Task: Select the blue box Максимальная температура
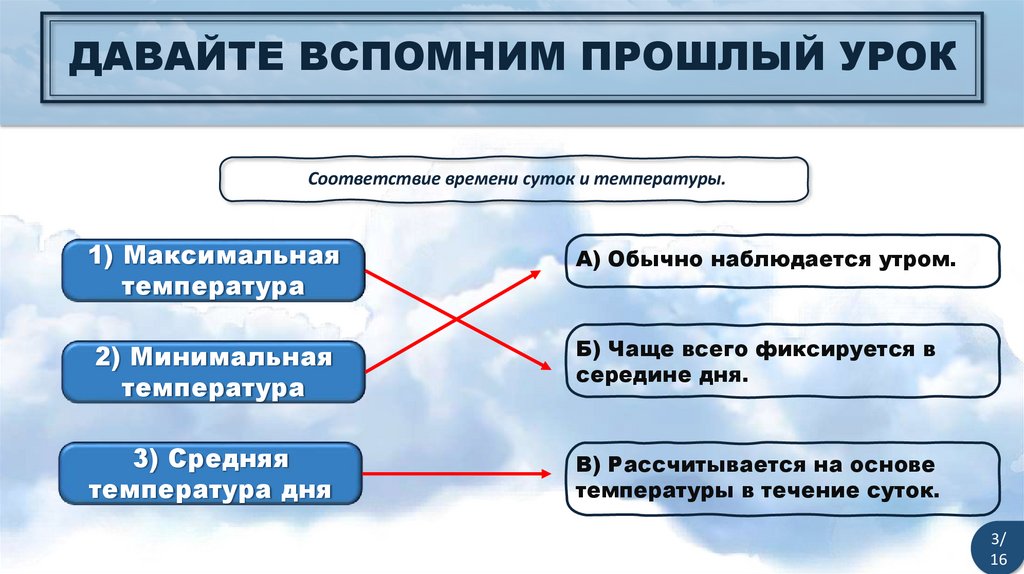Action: tap(213, 271)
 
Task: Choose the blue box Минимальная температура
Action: tap(213, 372)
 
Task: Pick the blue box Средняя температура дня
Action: tap(211, 474)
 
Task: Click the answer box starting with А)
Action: tap(782, 260)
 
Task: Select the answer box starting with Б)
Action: tap(782, 362)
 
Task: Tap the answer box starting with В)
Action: tap(782, 478)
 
